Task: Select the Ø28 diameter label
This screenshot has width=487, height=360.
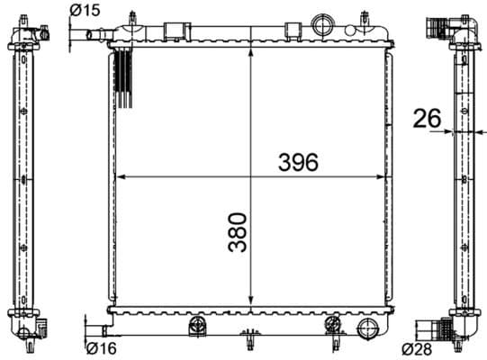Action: [419, 347]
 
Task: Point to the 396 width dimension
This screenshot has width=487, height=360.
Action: [298, 162]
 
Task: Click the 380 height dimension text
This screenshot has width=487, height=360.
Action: [236, 232]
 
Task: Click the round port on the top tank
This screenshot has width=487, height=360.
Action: [320, 22]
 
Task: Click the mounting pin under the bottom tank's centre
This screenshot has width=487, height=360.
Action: [248, 342]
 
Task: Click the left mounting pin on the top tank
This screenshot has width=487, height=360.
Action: [132, 19]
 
